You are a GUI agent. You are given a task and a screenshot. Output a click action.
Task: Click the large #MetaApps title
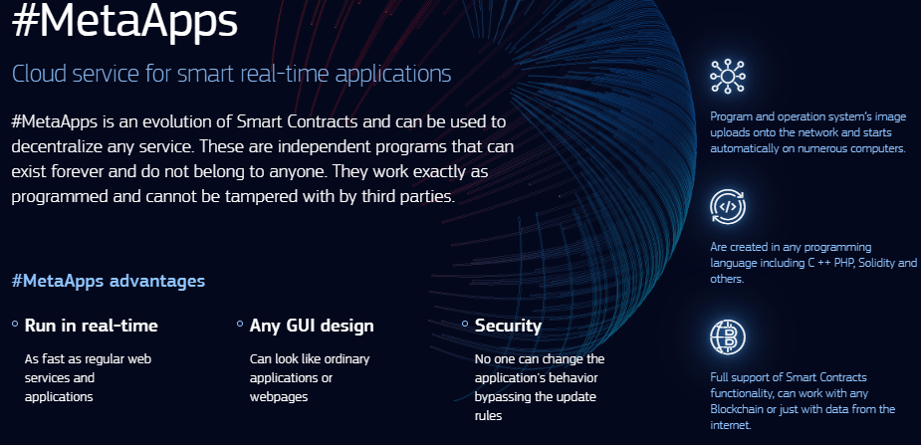click(x=124, y=21)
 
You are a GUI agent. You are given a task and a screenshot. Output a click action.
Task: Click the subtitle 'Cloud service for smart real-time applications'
click(x=231, y=74)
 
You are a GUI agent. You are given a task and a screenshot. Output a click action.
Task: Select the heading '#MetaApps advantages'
click(x=109, y=281)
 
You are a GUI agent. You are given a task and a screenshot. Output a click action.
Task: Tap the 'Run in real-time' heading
click(x=91, y=326)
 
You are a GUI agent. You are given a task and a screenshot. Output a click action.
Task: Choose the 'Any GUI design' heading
click(x=312, y=326)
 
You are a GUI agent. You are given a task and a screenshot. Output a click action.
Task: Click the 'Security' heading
click(x=508, y=326)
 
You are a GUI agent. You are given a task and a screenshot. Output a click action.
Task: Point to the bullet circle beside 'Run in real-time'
click(x=15, y=324)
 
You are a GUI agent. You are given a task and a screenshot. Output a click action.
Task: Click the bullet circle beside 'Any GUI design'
click(x=240, y=324)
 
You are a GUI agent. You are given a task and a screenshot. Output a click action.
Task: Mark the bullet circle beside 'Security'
click(x=465, y=324)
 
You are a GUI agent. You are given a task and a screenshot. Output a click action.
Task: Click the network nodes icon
click(x=727, y=76)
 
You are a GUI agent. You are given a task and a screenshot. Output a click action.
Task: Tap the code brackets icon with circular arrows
click(x=727, y=207)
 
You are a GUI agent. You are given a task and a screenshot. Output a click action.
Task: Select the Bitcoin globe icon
click(x=727, y=336)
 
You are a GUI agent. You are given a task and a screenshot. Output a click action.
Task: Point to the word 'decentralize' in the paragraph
click(x=55, y=146)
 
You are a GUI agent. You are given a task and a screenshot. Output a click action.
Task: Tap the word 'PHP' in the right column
click(x=843, y=263)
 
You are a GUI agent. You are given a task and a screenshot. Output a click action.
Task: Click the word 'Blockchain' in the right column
click(x=737, y=409)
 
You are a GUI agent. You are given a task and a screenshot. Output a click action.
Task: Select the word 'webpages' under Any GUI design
click(x=279, y=397)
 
